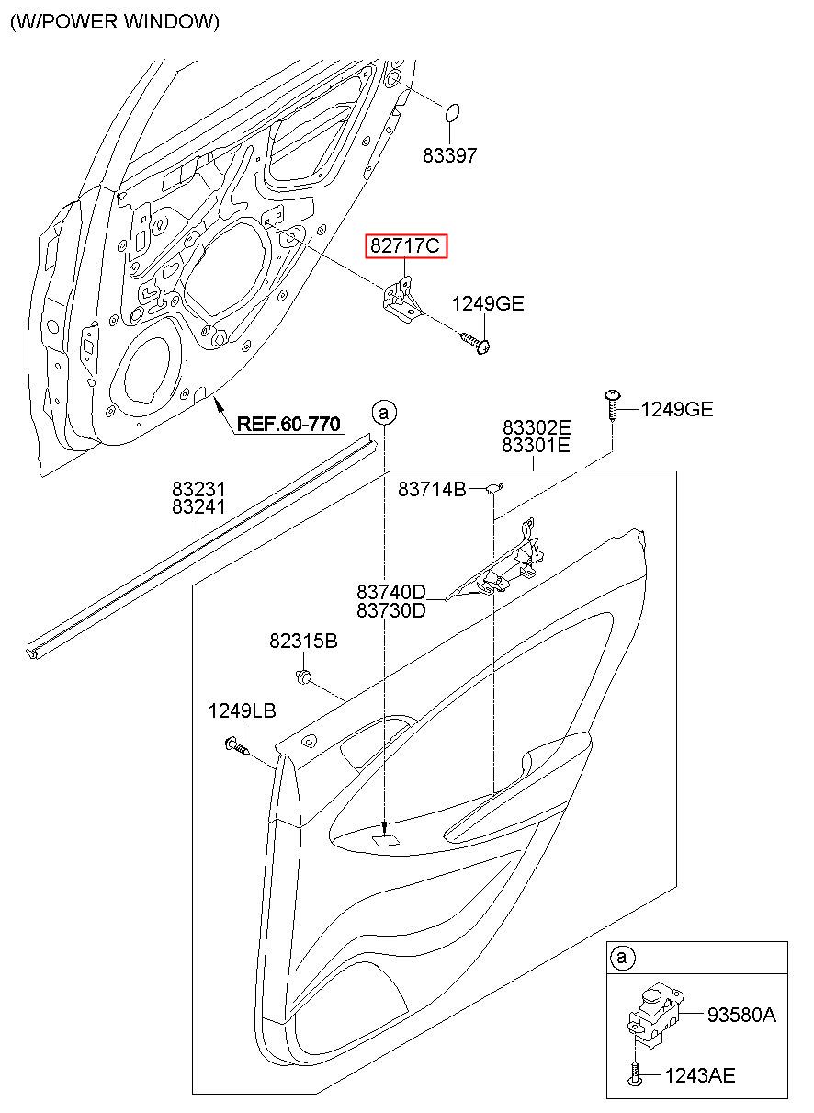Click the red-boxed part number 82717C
pyautogui.click(x=405, y=245)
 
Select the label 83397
pyautogui.click(x=449, y=155)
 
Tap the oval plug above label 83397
pyautogui.click(x=451, y=113)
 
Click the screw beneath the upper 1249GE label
pyautogui.click(x=476, y=342)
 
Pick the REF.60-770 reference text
pyautogui.click(x=288, y=424)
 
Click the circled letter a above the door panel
pyautogui.click(x=384, y=413)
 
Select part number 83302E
pyautogui.click(x=537, y=427)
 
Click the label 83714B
pyautogui.click(x=432, y=490)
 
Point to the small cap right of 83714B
pyautogui.click(x=493, y=488)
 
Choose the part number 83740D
pyautogui.click(x=391, y=592)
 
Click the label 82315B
pyautogui.click(x=303, y=641)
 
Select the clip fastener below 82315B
pyautogui.click(x=303, y=676)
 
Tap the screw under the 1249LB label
pyautogui.click(x=237, y=745)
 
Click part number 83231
pyautogui.click(x=198, y=489)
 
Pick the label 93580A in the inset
pyautogui.click(x=741, y=1014)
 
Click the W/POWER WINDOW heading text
pyautogui.click(x=115, y=22)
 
